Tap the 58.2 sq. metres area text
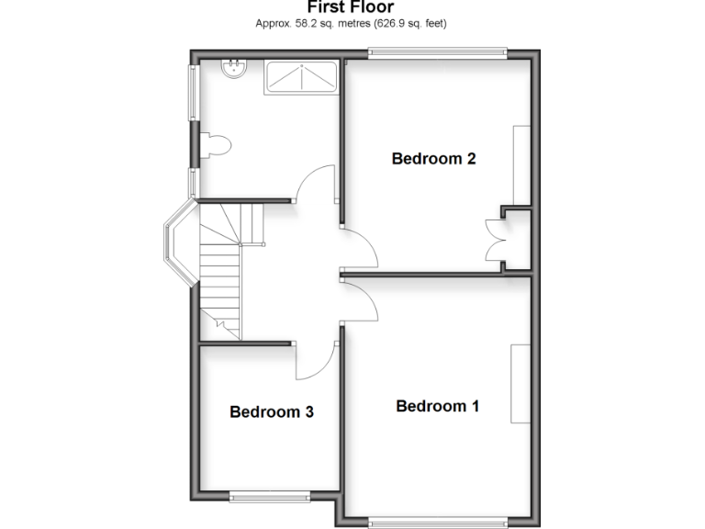pos(310,23)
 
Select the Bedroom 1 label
pos(437,406)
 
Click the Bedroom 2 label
pos(433,159)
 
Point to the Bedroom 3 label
pos(272,412)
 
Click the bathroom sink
pos(235,68)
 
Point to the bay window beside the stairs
pos(178,243)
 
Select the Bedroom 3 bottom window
pos(271,497)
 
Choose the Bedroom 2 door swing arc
pos(361,246)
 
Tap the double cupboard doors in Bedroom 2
pos(495,241)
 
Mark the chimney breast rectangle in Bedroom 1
pos(520,383)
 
